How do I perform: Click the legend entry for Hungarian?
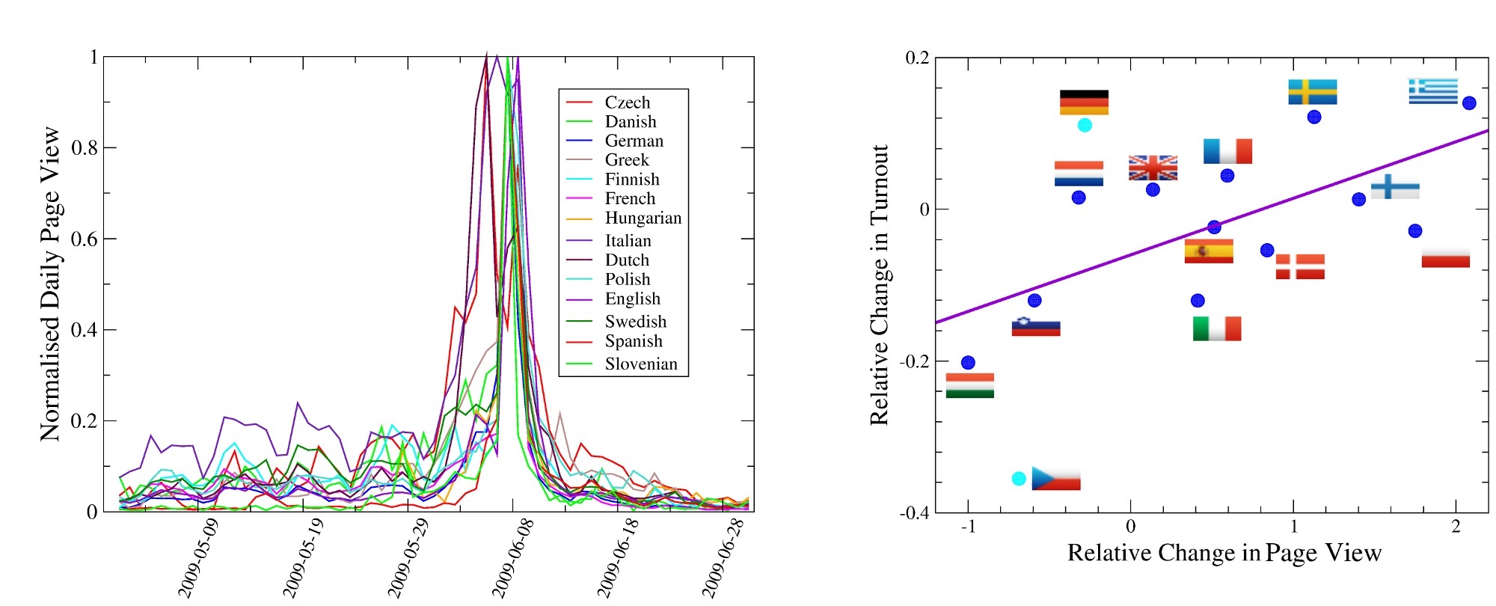click(643, 218)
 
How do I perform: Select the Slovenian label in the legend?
click(640, 364)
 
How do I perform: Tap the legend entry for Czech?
click(627, 102)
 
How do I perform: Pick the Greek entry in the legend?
click(626, 160)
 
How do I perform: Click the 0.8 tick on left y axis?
click(85, 148)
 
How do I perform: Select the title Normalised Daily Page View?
click(50, 284)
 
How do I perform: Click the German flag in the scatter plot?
click(1084, 102)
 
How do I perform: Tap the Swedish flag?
click(1312, 92)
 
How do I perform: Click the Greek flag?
click(1432, 91)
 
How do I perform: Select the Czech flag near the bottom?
click(1055, 478)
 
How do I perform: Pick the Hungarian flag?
click(969, 385)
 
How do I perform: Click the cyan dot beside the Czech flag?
click(1019, 478)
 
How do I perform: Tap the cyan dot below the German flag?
click(1085, 125)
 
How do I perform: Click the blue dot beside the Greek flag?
click(1469, 103)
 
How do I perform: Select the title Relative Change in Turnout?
click(880, 284)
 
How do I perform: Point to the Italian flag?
click(1217, 328)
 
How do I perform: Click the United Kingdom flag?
click(1153, 168)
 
